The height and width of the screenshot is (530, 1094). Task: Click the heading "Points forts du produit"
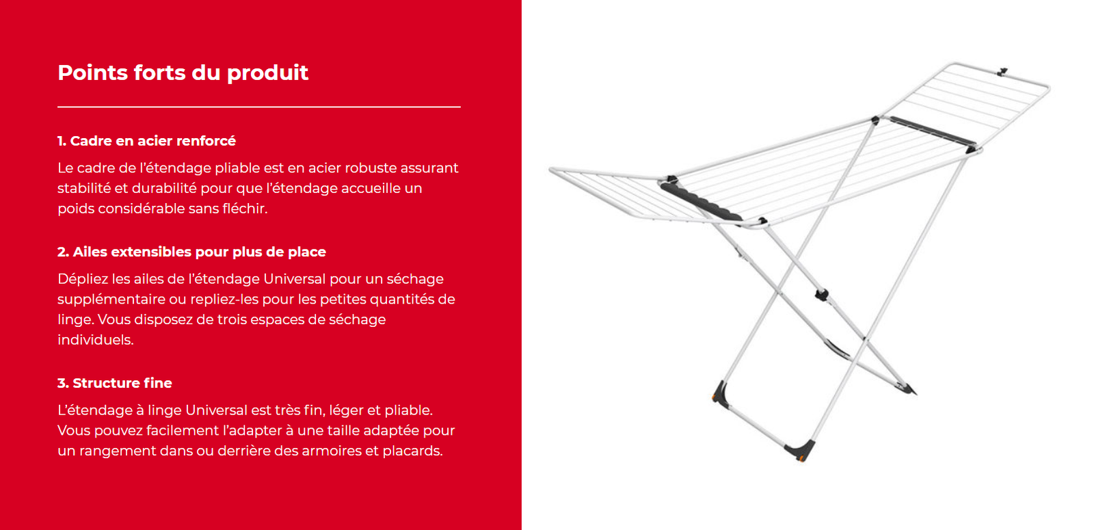tap(183, 72)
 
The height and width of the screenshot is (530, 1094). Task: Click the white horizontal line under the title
tap(259, 107)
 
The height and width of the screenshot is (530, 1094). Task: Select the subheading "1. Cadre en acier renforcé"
tap(146, 141)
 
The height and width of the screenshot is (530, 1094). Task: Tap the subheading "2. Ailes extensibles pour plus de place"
tap(191, 252)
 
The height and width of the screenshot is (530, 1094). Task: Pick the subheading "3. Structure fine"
tap(115, 382)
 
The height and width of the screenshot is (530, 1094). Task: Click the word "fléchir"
tap(245, 209)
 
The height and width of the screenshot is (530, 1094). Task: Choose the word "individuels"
tap(95, 339)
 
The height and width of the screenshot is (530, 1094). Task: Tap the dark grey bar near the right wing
tap(932, 131)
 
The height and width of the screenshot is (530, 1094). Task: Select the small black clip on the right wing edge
tap(1002, 72)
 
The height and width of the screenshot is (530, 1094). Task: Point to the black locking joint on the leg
tap(821, 295)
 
